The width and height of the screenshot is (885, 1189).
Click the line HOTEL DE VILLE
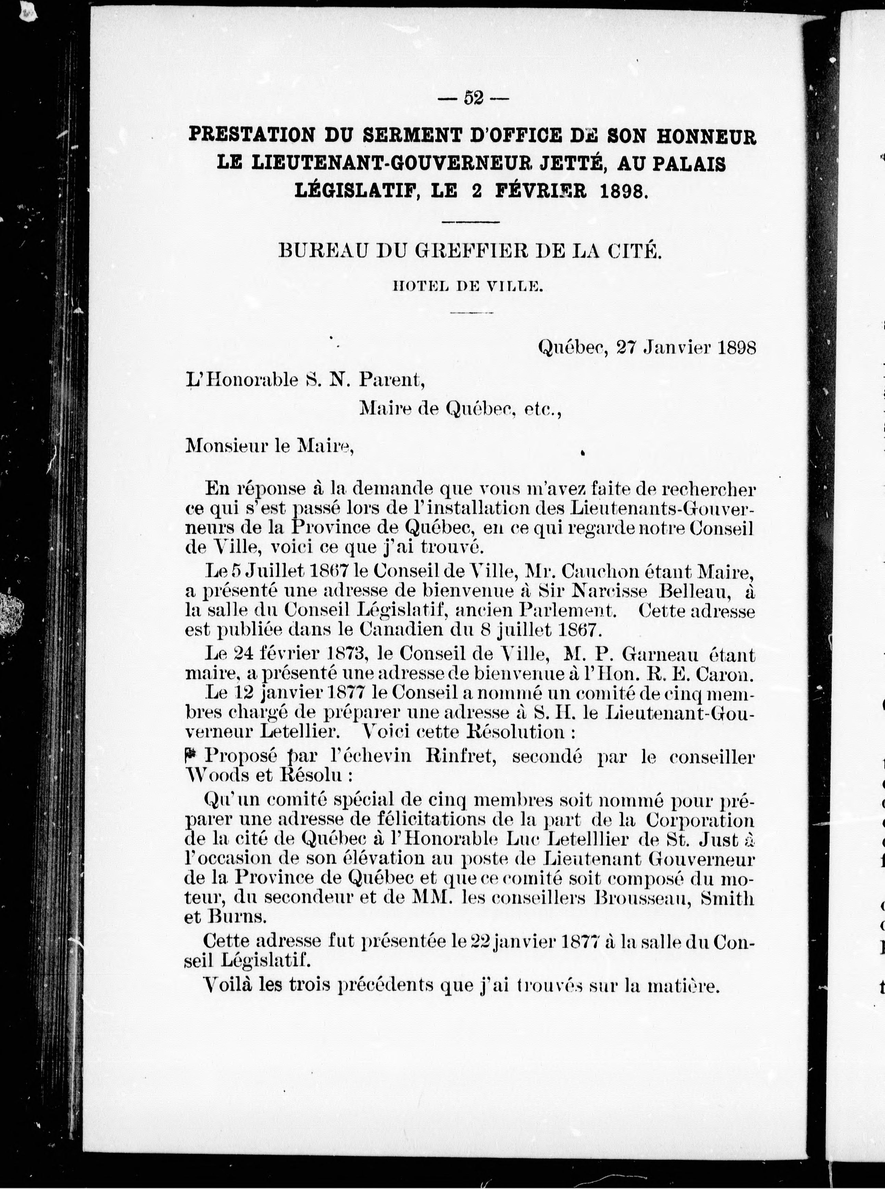click(469, 287)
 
